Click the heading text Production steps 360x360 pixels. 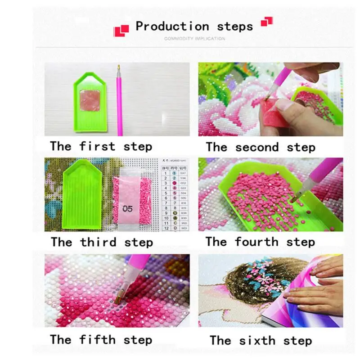click(194, 26)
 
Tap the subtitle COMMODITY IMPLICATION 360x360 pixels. click(194, 39)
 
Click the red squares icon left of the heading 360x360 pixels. click(121, 31)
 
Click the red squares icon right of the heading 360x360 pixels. click(267, 21)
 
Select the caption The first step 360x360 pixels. click(101, 146)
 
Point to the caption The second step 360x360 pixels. click(261, 147)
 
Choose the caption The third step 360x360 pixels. click(101, 242)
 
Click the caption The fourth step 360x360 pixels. click(260, 242)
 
